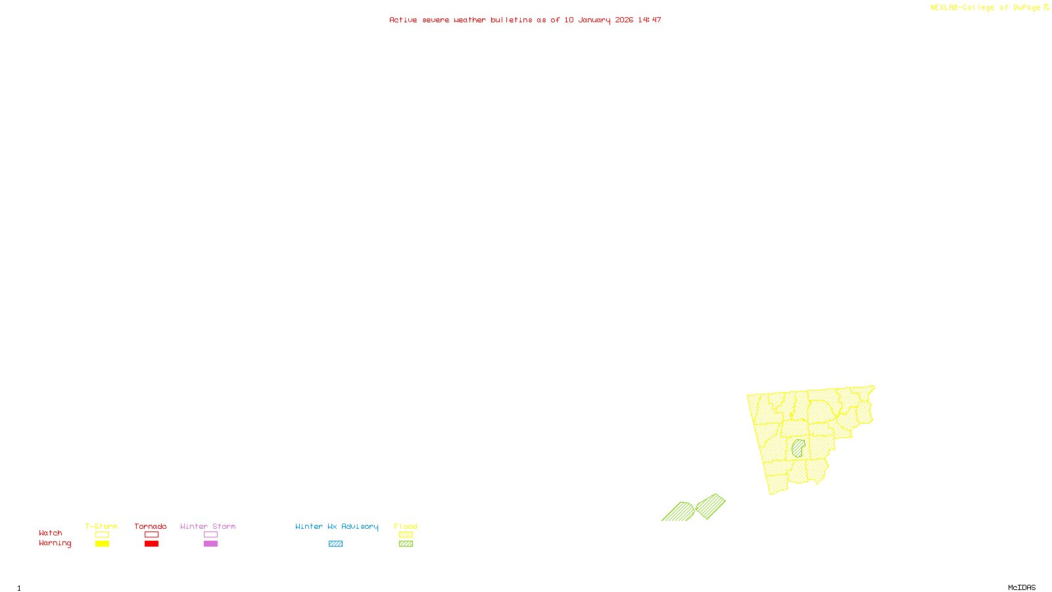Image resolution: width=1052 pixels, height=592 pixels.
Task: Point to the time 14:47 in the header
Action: pos(650,20)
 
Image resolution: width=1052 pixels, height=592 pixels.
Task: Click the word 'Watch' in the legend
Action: pos(51,533)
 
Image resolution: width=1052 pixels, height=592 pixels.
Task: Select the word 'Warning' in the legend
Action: pos(55,543)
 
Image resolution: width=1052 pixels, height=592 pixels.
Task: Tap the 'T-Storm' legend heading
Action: pos(101,526)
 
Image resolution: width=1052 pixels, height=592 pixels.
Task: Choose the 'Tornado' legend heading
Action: pos(151,526)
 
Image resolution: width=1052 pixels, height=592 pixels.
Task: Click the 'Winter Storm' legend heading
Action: pos(208,526)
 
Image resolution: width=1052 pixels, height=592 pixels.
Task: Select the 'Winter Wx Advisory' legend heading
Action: pos(337,526)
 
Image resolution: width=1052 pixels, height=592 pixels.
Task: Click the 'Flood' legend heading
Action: pos(406,526)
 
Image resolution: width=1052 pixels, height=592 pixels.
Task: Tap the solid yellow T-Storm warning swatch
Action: pos(102,544)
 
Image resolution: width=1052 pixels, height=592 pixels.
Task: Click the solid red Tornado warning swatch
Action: pos(152,544)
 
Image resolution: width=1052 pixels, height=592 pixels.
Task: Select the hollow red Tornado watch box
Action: pos(152,535)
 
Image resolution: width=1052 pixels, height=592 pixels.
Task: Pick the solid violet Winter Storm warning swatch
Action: pos(210,544)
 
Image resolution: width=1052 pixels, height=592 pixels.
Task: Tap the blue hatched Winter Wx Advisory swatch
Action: pos(335,544)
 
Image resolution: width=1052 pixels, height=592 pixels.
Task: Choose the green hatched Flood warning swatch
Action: pos(406,544)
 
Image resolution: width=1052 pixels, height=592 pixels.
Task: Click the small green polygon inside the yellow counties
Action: pos(798,449)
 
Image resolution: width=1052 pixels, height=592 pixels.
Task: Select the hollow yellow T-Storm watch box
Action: pos(102,535)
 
